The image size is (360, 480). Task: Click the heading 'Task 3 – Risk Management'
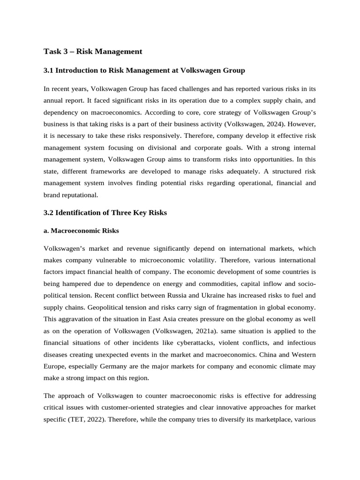point(92,51)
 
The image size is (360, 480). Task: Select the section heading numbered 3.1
point(144,70)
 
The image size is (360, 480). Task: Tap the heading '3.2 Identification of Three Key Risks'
point(105,212)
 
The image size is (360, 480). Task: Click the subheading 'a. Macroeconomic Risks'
point(81,231)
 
